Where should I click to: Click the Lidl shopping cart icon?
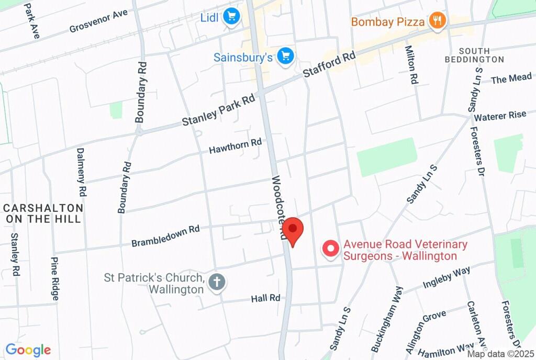click(231, 17)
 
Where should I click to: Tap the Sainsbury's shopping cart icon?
click(285, 56)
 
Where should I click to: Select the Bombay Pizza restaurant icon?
click(436, 21)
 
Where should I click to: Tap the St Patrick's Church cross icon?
click(216, 283)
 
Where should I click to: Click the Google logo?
click(28, 350)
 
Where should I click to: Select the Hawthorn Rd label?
click(235, 146)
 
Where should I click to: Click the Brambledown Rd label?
click(165, 236)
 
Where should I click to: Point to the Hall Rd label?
click(265, 298)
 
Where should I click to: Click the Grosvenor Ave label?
click(98, 21)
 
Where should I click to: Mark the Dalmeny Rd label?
click(81, 172)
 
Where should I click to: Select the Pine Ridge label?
click(54, 278)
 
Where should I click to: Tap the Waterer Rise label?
click(500, 116)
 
